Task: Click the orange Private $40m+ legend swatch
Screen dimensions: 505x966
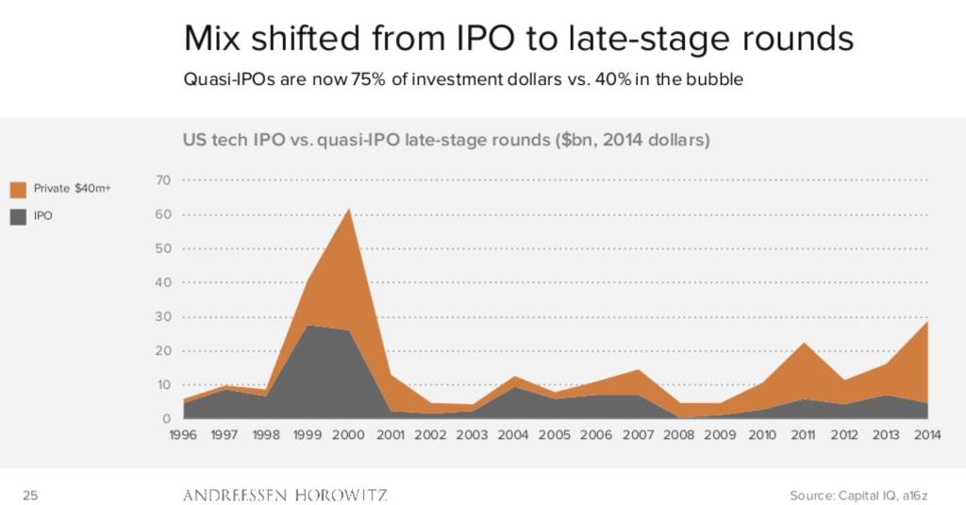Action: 19,189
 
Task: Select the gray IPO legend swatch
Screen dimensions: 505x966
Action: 19,215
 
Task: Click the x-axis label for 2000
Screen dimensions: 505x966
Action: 349,435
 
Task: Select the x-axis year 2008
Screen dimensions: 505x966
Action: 680,435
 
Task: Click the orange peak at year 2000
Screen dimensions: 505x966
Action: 349,210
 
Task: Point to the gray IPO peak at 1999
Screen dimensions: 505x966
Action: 308,326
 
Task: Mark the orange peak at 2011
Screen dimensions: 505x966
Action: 802,344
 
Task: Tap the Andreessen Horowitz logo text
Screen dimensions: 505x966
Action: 284,495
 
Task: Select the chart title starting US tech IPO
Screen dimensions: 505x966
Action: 445,142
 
